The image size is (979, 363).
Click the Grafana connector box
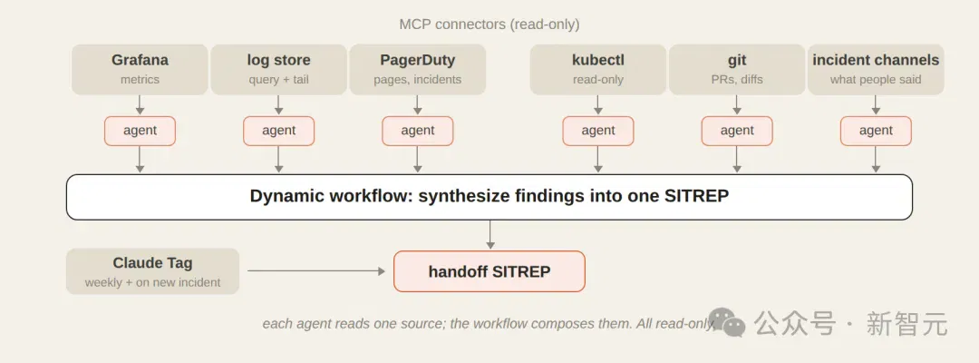click(x=140, y=69)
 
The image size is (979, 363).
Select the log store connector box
click(x=278, y=69)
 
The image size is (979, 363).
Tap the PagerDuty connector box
click(x=418, y=69)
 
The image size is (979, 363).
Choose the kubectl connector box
click(x=598, y=69)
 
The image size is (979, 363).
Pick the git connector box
click(x=737, y=69)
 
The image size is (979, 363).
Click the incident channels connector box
click(x=876, y=69)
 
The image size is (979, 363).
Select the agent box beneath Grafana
click(x=140, y=132)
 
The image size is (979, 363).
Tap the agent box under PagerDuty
click(x=418, y=132)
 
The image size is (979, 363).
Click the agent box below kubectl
click(x=598, y=132)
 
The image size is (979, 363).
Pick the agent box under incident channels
click(x=876, y=132)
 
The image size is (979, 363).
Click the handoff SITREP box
click(x=489, y=271)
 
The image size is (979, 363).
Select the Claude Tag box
click(x=152, y=271)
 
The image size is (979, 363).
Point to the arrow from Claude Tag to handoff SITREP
click(x=316, y=271)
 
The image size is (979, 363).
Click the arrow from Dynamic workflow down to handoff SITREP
click(x=490, y=234)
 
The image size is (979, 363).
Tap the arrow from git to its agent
click(x=737, y=105)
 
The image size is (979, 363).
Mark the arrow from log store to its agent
click(x=278, y=105)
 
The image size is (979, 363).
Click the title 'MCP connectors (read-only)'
click(x=489, y=25)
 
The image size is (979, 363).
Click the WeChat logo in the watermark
click(x=727, y=321)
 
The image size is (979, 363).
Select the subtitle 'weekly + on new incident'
click(x=152, y=282)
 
